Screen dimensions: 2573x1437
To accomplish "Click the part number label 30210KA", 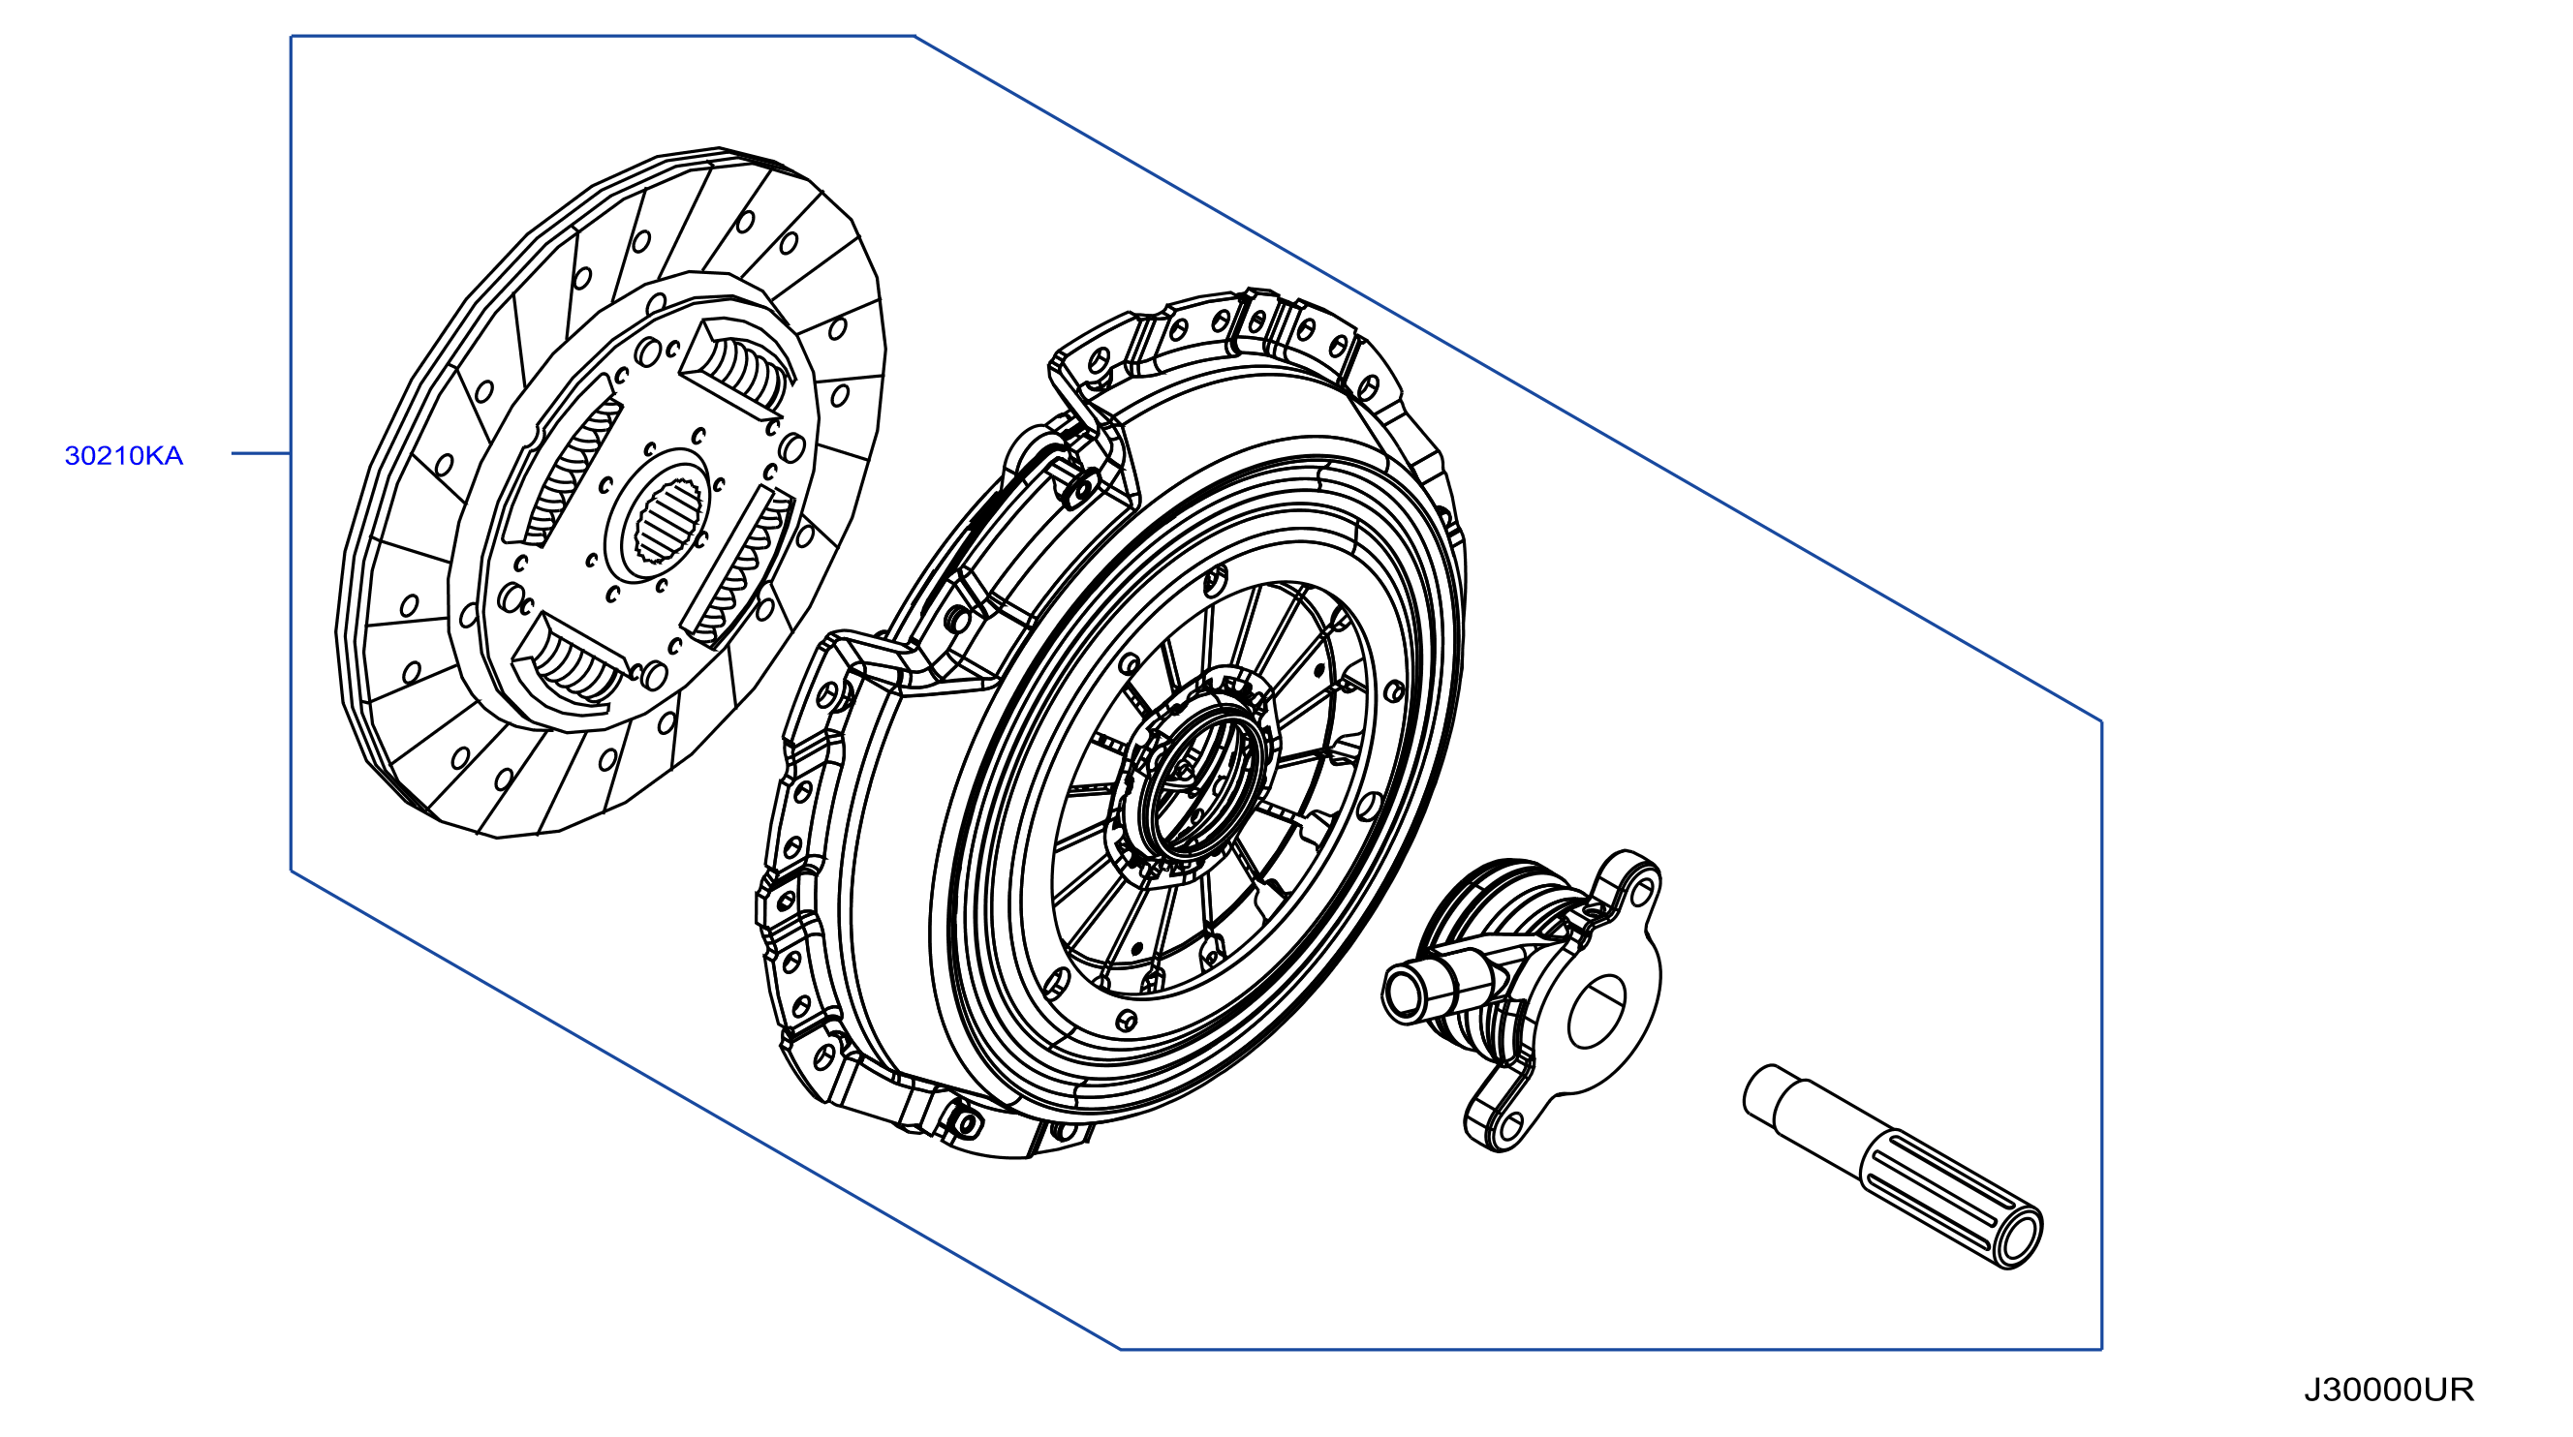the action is (x=124, y=455).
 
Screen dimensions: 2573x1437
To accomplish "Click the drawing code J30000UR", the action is (x=2389, y=1391).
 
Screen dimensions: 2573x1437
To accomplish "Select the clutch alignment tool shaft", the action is (x=1892, y=1165).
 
